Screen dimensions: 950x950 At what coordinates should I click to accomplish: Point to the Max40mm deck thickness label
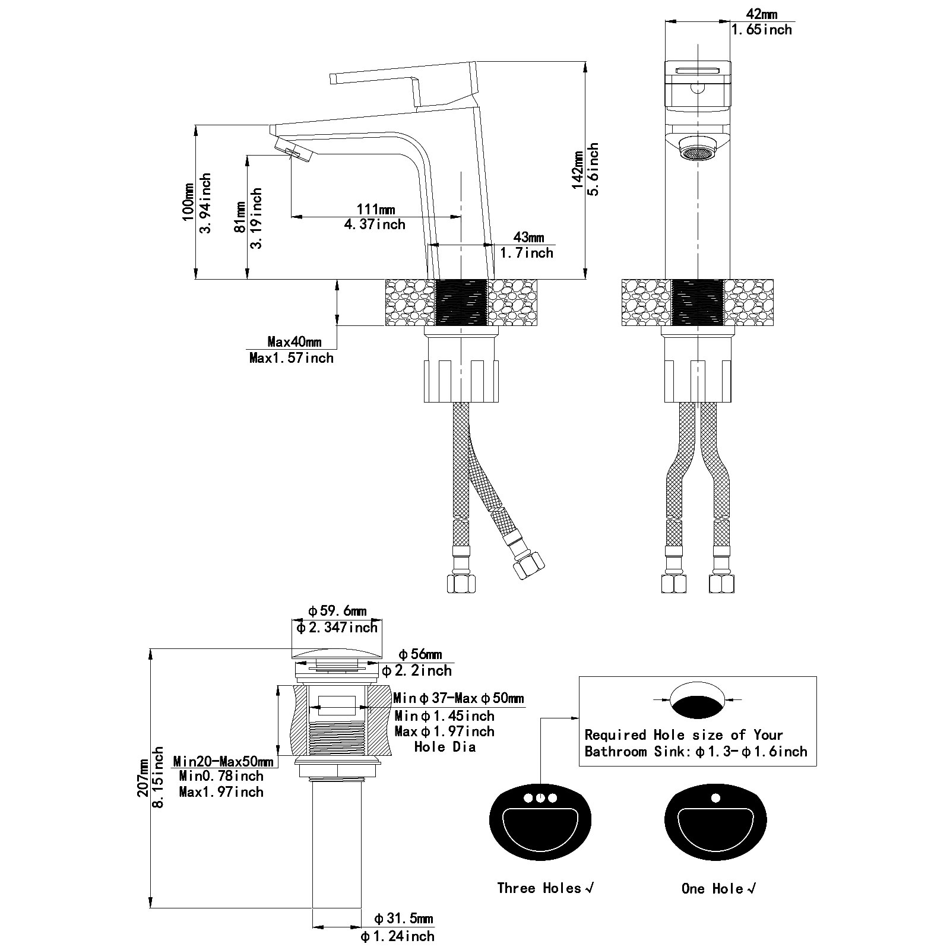coord(294,341)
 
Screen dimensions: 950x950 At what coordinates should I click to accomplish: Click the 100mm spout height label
coord(187,202)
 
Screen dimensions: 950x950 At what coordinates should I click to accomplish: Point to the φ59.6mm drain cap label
coord(337,611)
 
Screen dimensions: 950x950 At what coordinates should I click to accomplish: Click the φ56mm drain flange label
coord(420,654)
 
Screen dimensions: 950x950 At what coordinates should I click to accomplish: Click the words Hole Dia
coord(445,747)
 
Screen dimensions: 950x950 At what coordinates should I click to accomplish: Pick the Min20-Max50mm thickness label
coord(223,761)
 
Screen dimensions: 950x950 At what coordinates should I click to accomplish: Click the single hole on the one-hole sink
coord(715,797)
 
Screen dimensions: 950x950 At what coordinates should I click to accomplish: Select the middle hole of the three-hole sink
coord(540,798)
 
